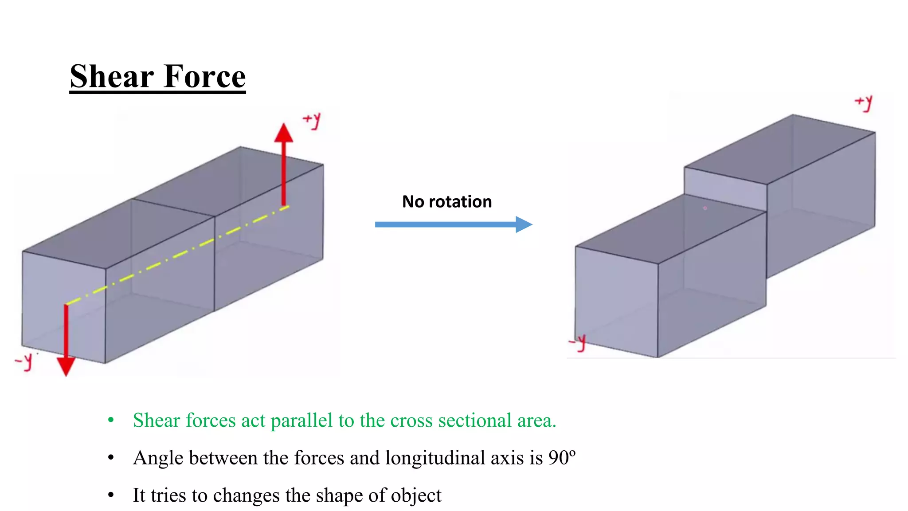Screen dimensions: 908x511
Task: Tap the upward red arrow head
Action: pos(284,133)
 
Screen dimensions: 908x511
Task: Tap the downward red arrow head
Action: pos(66,366)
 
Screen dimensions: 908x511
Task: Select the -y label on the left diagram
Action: pos(24,361)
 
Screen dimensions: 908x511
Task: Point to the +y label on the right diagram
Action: pos(864,103)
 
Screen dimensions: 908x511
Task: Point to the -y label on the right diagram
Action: pos(578,343)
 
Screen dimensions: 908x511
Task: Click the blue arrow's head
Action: pos(524,224)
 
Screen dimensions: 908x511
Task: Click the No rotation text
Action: pos(447,202)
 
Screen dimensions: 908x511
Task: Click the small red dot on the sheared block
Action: pos(705,208)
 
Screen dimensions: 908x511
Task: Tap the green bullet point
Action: pos(111,420)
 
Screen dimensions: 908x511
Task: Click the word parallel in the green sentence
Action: pos(301,420)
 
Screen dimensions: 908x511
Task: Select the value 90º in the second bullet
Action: pos(562,458)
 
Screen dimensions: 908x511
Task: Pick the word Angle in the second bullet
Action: pos(158,458)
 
